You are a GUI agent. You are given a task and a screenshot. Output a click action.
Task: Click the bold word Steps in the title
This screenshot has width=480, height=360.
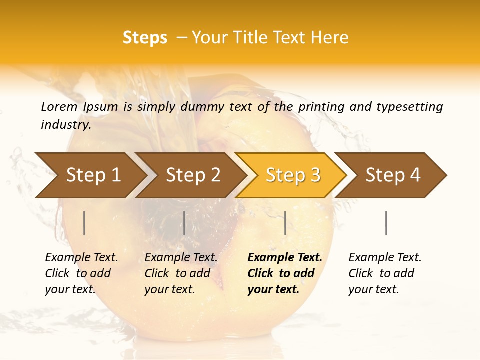(145, 38)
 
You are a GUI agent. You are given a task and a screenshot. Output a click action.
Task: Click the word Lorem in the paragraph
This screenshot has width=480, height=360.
(59, 106)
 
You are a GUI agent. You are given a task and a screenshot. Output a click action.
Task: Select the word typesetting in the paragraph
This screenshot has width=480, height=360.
(409, 106)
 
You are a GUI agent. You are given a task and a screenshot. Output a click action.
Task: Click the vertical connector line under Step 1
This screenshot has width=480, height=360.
(84, 223)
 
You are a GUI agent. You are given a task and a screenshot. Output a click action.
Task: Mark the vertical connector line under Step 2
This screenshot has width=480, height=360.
(184, 223)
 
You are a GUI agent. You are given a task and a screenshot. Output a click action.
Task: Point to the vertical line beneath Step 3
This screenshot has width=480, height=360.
(285, 223)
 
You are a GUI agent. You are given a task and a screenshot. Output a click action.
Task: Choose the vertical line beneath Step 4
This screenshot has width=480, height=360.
(386, 223)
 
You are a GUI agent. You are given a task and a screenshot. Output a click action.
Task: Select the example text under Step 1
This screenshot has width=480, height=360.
(81, 273)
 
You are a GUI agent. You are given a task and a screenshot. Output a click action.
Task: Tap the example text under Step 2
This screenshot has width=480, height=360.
(180, 273)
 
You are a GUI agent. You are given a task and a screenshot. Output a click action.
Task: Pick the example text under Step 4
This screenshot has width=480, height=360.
(384, 273)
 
